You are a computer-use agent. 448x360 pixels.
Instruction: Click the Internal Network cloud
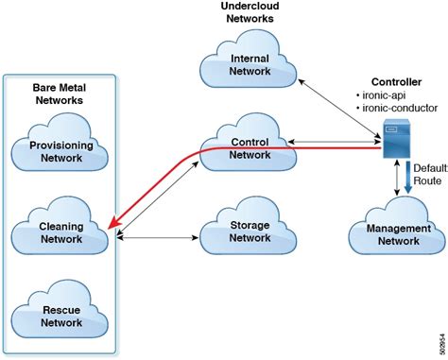pyautogui.click(x=250, y=65)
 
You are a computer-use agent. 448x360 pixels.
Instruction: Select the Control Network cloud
pyautogui.click(x=250, y=147)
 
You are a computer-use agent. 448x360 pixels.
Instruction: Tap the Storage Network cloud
pyautogui.click(x=250, y=231)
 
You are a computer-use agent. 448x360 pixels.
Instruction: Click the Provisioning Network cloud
pyautogui.click(x=60, y=151)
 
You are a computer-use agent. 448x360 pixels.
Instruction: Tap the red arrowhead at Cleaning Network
pyautogui.click(x=113, y=223)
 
